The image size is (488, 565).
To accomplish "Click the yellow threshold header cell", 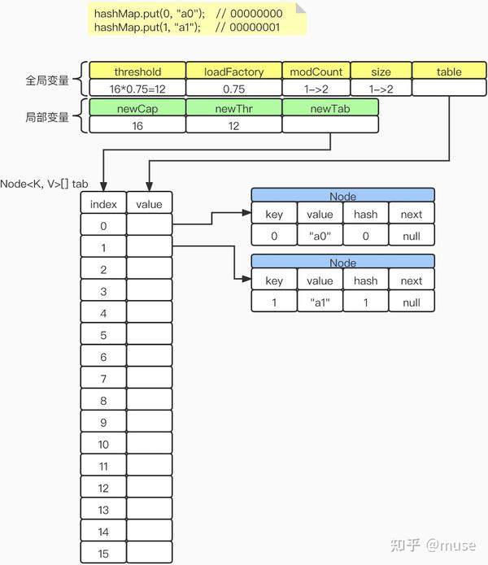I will coord(137,72).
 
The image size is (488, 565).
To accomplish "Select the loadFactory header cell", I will coord(233,72).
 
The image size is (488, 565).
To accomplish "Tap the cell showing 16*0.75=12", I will coord(137,88).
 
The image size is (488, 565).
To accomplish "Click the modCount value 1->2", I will coord(316,88).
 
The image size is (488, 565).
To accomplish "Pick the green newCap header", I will coord(137,108).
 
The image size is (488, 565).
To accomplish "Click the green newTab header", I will coord(330,108).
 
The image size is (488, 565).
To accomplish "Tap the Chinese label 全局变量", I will coord(46,80).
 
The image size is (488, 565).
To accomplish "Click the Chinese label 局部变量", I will coord(46,117).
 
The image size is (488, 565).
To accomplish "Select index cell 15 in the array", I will coord(103,553).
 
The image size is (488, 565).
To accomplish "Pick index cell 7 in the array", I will coord(103,379).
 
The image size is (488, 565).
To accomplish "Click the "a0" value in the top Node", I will coord(320,236).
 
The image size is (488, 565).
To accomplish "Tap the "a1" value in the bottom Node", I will coord(320,302).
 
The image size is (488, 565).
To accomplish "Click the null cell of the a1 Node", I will coord(412,302).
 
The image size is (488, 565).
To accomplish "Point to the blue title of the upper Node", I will coord(342,196).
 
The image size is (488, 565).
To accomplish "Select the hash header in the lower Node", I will coord(365,280).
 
